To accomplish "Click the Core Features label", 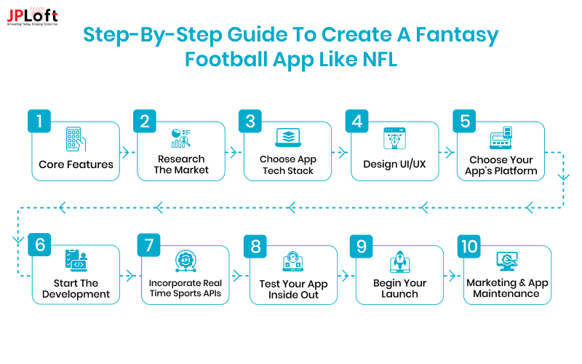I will coord(76,165).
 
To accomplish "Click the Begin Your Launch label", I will coord(399,288).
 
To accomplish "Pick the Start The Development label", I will coord(76,288).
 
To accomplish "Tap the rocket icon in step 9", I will coord(399,261).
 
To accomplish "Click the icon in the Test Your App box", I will coord(292,262).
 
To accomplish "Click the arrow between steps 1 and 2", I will coord(128,153).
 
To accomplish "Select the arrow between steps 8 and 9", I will coord(346,277).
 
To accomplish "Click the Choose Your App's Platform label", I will coord(501,165).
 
